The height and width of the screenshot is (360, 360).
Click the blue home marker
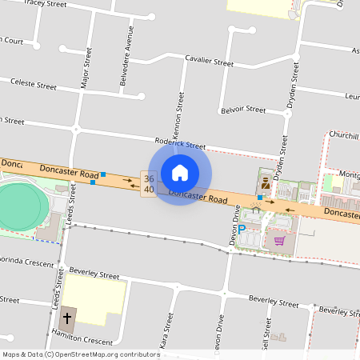point(180,173)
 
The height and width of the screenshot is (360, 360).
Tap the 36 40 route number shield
point(149,183)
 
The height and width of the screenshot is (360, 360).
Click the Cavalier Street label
point(209,61)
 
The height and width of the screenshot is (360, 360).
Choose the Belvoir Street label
point(243,109)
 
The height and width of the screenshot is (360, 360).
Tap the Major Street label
point(87,68)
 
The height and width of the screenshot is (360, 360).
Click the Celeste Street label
point(33,85)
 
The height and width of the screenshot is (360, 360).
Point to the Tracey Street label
point(46,3)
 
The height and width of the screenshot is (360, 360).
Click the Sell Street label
point(265,333)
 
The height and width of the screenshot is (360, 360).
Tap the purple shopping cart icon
point(279,239)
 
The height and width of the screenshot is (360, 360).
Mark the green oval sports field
point(18,207)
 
